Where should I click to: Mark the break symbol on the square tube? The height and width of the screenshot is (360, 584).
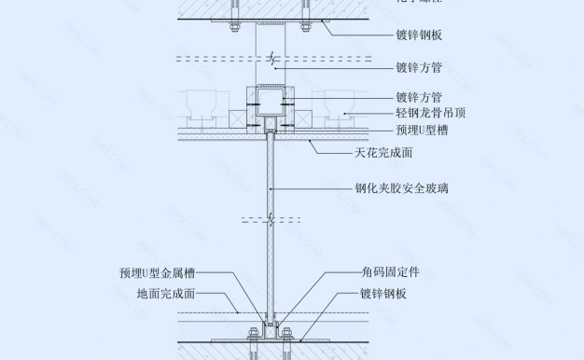click(269, 62)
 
